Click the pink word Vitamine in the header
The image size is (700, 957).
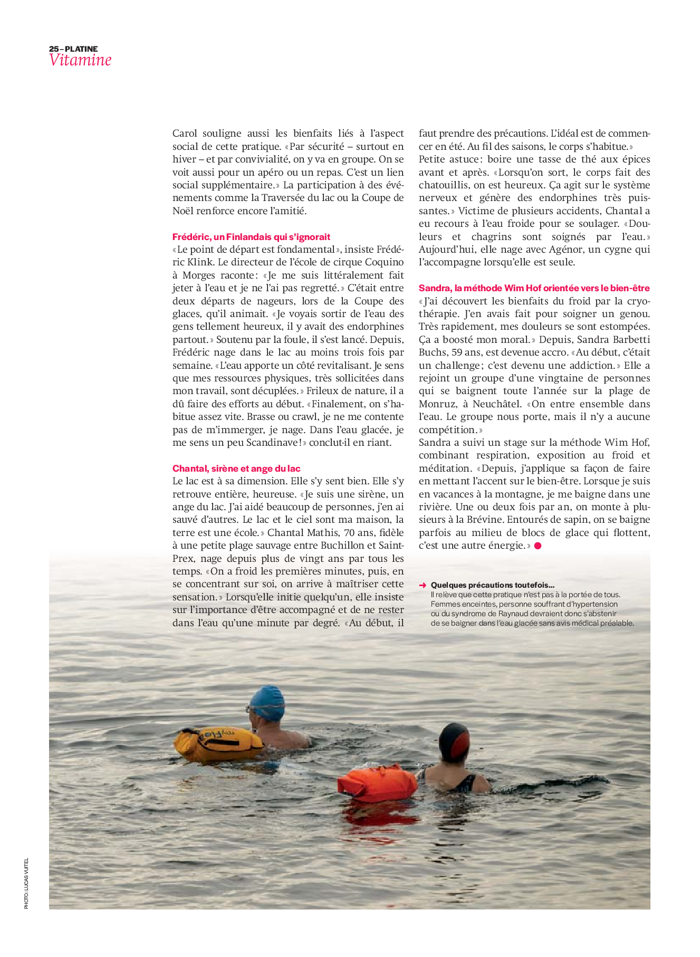pyautogui.click(x=80, y=60)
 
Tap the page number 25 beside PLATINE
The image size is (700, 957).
pyautogui.click(x=53, y=49)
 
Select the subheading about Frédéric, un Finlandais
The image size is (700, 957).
pyautogui.click(x=251, y=237)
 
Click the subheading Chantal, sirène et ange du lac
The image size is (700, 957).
pyautogui.click(x=236, y=468)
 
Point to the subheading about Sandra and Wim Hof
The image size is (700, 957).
pyautogui.click(x=534, y=288)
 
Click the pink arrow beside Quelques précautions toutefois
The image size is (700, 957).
pyautogui.click(x=423, y=585)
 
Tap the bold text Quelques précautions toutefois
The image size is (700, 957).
pyautogui.click(x=492, y=585)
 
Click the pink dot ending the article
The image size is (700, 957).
pyautogui.click(x=538, y=546)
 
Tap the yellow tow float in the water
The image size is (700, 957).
pyautogui.click(x=218, y=743)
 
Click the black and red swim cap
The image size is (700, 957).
pyautogui.click(x=454, y=741)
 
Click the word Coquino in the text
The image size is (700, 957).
pyautogui.click(x=385, y=262)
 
